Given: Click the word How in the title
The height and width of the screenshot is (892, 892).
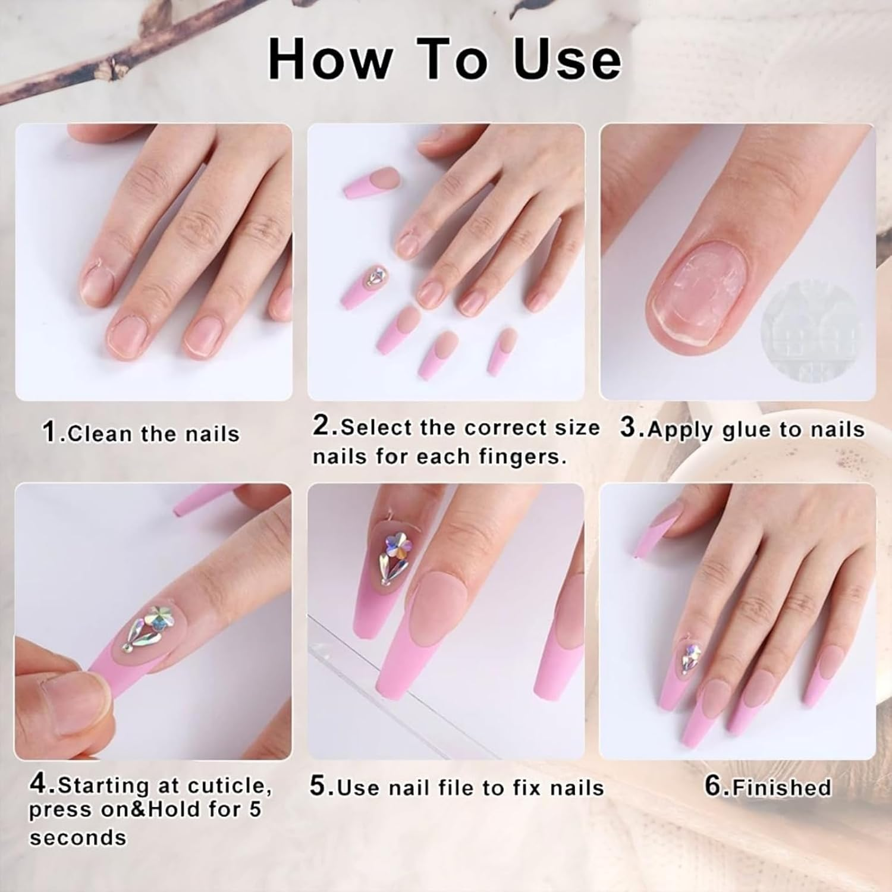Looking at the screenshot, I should [330, 59].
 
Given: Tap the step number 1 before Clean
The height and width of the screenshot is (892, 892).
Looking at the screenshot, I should [49, 432].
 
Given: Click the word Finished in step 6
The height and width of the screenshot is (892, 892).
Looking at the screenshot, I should [781, 787].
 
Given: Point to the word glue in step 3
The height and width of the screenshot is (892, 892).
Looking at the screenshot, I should [749, 429].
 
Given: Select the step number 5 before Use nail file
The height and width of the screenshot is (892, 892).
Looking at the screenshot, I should [318, 786].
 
